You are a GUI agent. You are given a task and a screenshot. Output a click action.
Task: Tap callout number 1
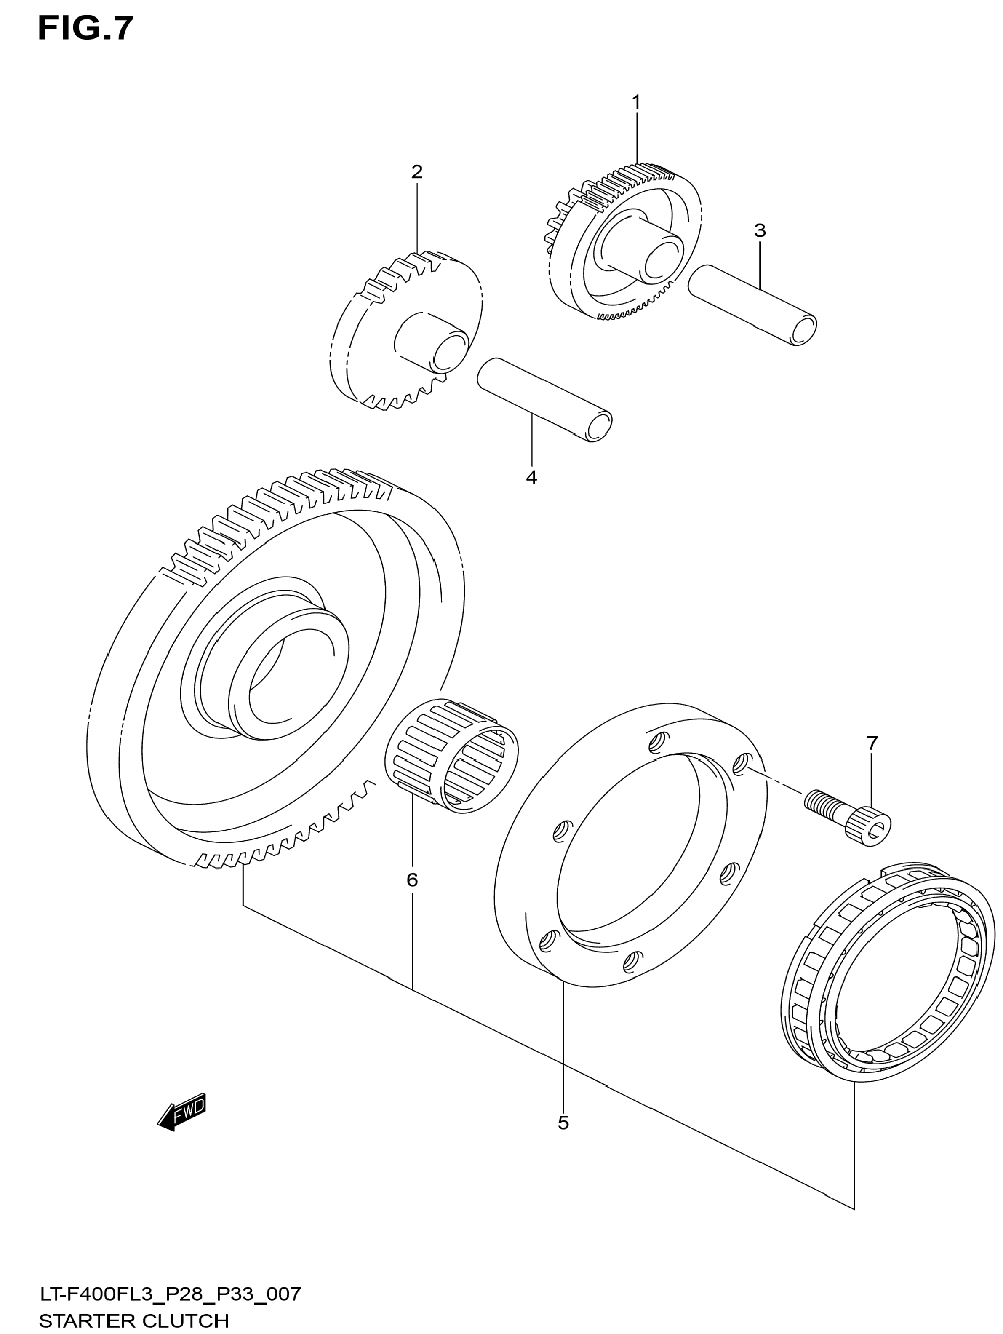(x=636, y=102)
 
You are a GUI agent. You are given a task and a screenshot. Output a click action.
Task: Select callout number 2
(x=416, y=172)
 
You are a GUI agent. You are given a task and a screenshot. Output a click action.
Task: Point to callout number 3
(x=760, y=230)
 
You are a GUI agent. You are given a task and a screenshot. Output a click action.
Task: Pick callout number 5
(x=563, y=1123)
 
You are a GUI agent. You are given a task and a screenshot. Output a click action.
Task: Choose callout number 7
(x=872, y=743)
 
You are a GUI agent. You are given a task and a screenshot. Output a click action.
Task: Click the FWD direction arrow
(x=182, y=1110)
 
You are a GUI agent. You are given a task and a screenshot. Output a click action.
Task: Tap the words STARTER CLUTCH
(x=134, y=1321)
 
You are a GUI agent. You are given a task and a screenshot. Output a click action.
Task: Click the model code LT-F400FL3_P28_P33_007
(x=170, y=1294)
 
